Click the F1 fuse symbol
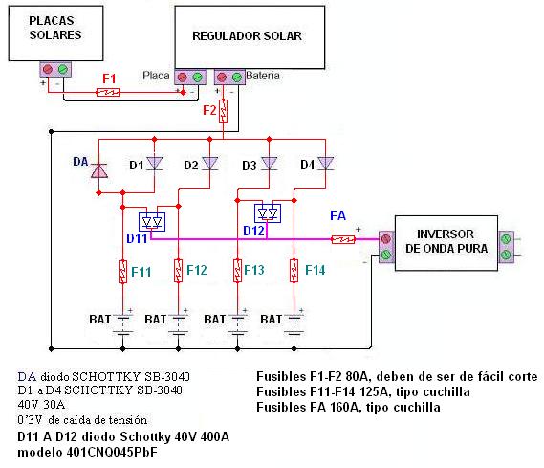[x=107, y=92]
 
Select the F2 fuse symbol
[x=223, y=111]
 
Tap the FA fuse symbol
[x=343, y=239]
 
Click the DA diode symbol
[x=99, y=170]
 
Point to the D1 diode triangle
[x=154, y=163]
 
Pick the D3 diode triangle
[x=269, y=163]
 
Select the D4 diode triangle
[x=325, y=163]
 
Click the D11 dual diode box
[x=152, y=222]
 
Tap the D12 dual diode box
[x=268, y=213]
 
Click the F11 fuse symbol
[x=122, y=272]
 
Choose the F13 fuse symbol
[x=237, y=271]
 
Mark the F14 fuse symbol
[x=294, y=271]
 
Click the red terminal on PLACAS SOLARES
[x=48, y=70]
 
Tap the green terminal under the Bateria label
[x=237, y=78]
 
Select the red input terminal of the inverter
[x=386, y=239]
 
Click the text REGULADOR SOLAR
[x=247, y=36]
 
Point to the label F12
[x=197, y=270]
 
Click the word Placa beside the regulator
[x=156, y=76]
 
